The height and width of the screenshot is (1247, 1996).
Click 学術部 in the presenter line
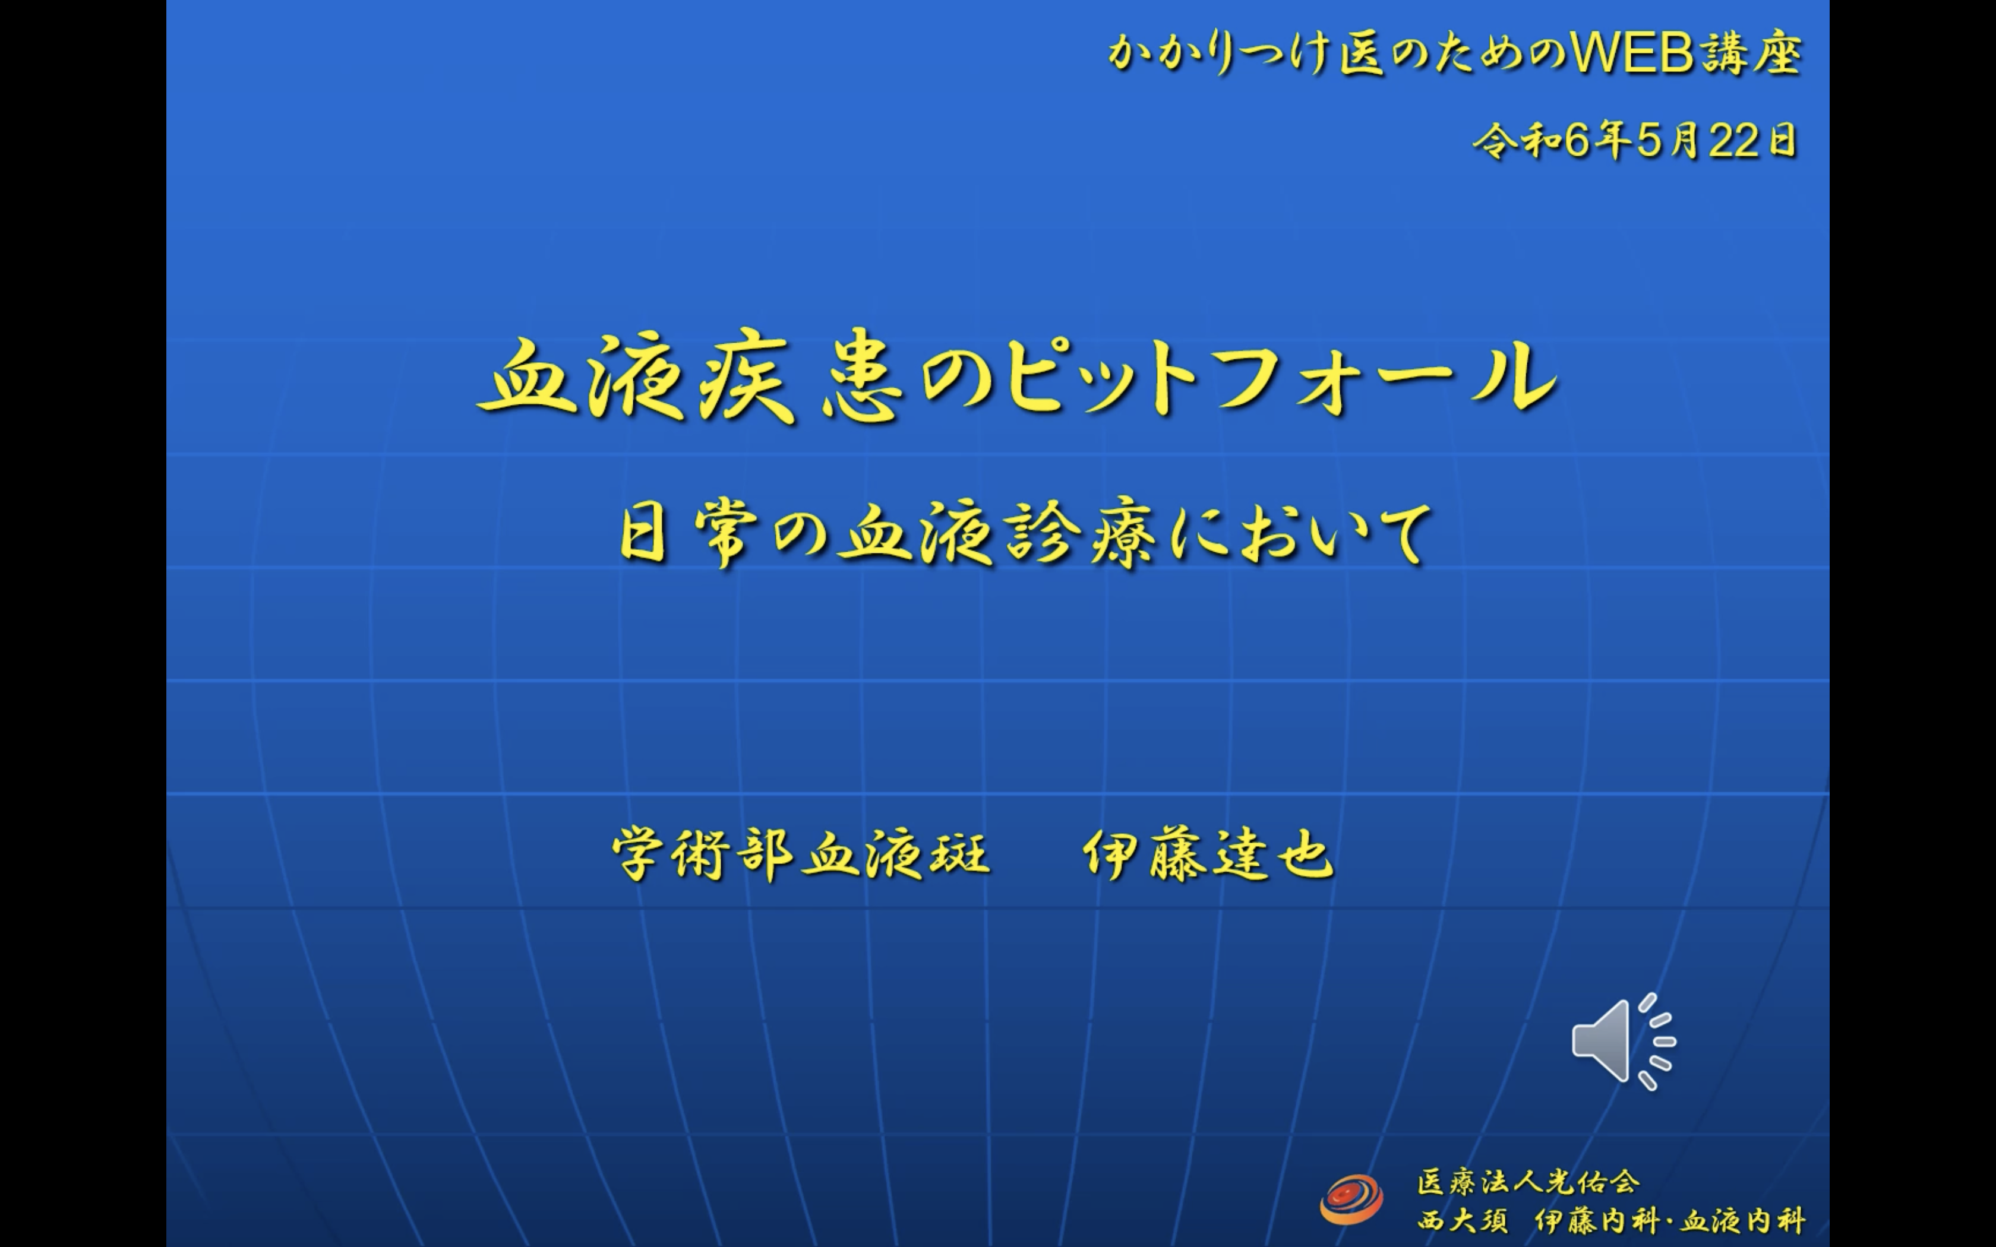pyautogui.click(x=703, y=854)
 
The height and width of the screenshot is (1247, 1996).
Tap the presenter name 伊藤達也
pyautogui.click(x=1208, y=854)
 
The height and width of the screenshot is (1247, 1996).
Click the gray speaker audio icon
pyautogui.click(x=1623, y=1042)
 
